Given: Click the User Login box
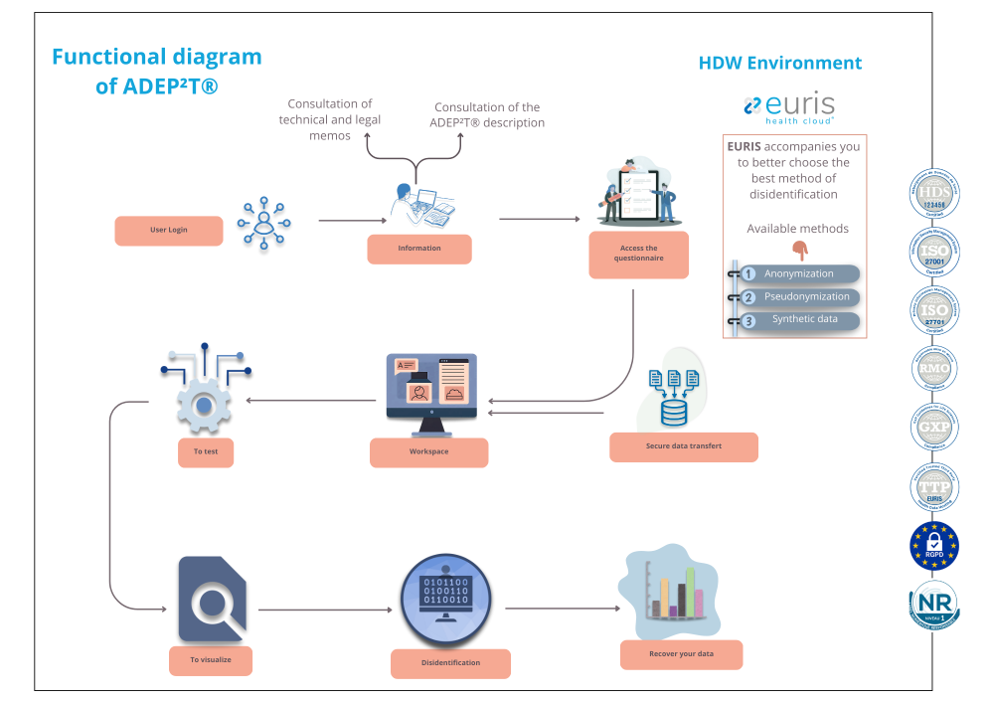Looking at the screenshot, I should tap(168, 230).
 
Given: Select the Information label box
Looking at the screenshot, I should tap(418, 249).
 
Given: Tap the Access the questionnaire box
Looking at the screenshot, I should tap(637, 255).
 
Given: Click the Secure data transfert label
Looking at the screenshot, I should tap(683, 446).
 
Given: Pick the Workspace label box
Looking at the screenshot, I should tap(428, 452).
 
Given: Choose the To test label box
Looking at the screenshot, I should tap(206, 451).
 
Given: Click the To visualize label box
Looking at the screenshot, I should tap(210, 659).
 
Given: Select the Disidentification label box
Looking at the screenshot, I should tap(449, 663).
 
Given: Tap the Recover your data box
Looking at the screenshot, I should tap(681, 654).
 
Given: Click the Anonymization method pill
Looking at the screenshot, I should tap(798, 273).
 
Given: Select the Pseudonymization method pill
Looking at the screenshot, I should tap(798, 296).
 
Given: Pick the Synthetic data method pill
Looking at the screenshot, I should tap(798, 320).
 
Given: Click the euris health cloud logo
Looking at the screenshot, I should tap(789, 108).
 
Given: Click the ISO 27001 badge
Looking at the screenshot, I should tap(934, 253).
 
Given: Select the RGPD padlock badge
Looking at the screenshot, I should tap(934, 545).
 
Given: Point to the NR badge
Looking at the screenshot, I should tap(934, 604).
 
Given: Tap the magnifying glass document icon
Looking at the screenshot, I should tap(212, 599).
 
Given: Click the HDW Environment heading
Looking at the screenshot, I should tap(780, 63).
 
